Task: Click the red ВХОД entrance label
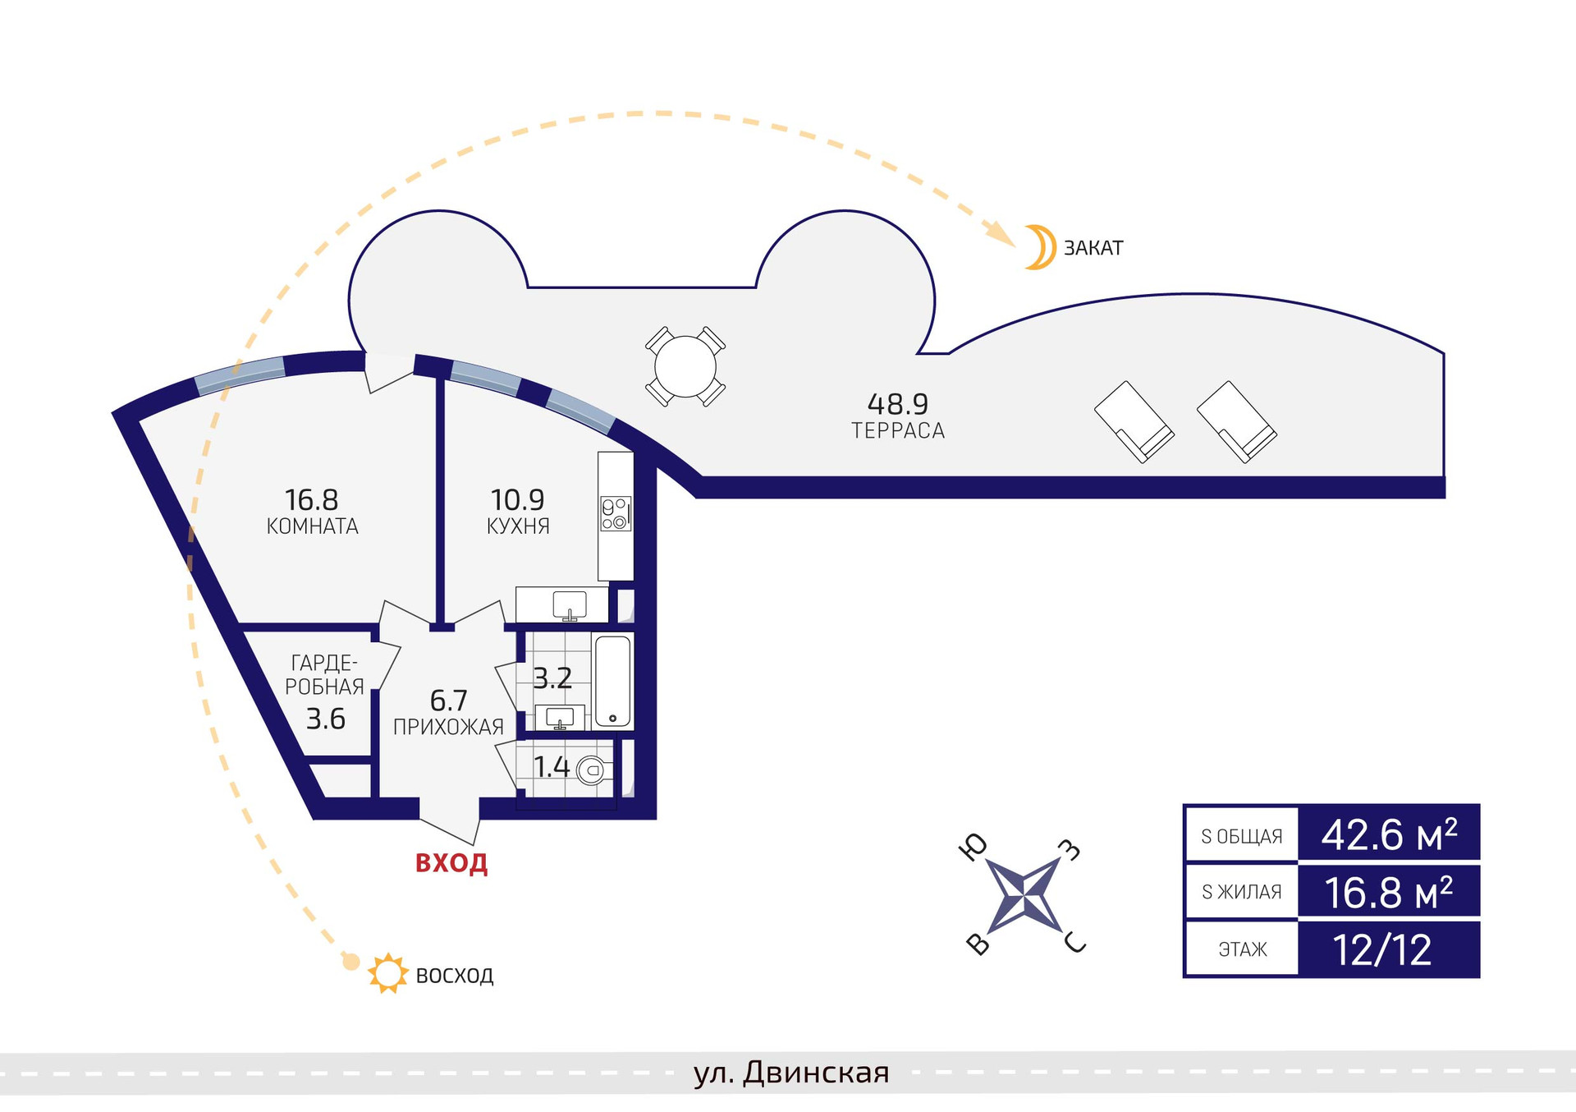451,863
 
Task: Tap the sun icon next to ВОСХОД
387,974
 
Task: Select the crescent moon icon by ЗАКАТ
1039,247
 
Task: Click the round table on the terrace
685,366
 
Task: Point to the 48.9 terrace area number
897,404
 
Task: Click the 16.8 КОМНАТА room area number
311,499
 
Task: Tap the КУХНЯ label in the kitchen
518,526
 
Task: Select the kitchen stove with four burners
616,513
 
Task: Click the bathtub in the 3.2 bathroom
612,681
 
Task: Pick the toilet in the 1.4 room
591,770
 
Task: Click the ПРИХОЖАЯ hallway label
448,728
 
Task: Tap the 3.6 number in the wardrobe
326,719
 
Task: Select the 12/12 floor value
1382,950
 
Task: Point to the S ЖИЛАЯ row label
1241,892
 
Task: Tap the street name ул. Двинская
791,1073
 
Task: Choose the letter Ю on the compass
974,848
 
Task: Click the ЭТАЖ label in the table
1242,950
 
